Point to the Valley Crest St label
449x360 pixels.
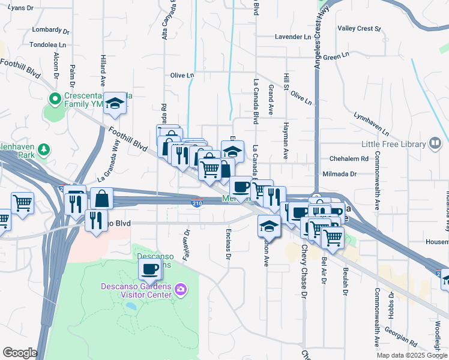pos(359,28)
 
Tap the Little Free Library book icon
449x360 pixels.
pos(434,144)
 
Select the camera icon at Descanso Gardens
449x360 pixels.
pos(180,291)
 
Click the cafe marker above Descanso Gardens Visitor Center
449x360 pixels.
pos(150,269)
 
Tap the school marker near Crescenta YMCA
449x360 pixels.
pos(115,104)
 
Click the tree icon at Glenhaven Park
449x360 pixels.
pos(43,149)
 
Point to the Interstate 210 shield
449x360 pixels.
pos(196,203)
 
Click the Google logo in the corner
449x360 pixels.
pos(19,353)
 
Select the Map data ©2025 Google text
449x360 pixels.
pos(411,355)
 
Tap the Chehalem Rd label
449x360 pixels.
pos(348,159)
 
